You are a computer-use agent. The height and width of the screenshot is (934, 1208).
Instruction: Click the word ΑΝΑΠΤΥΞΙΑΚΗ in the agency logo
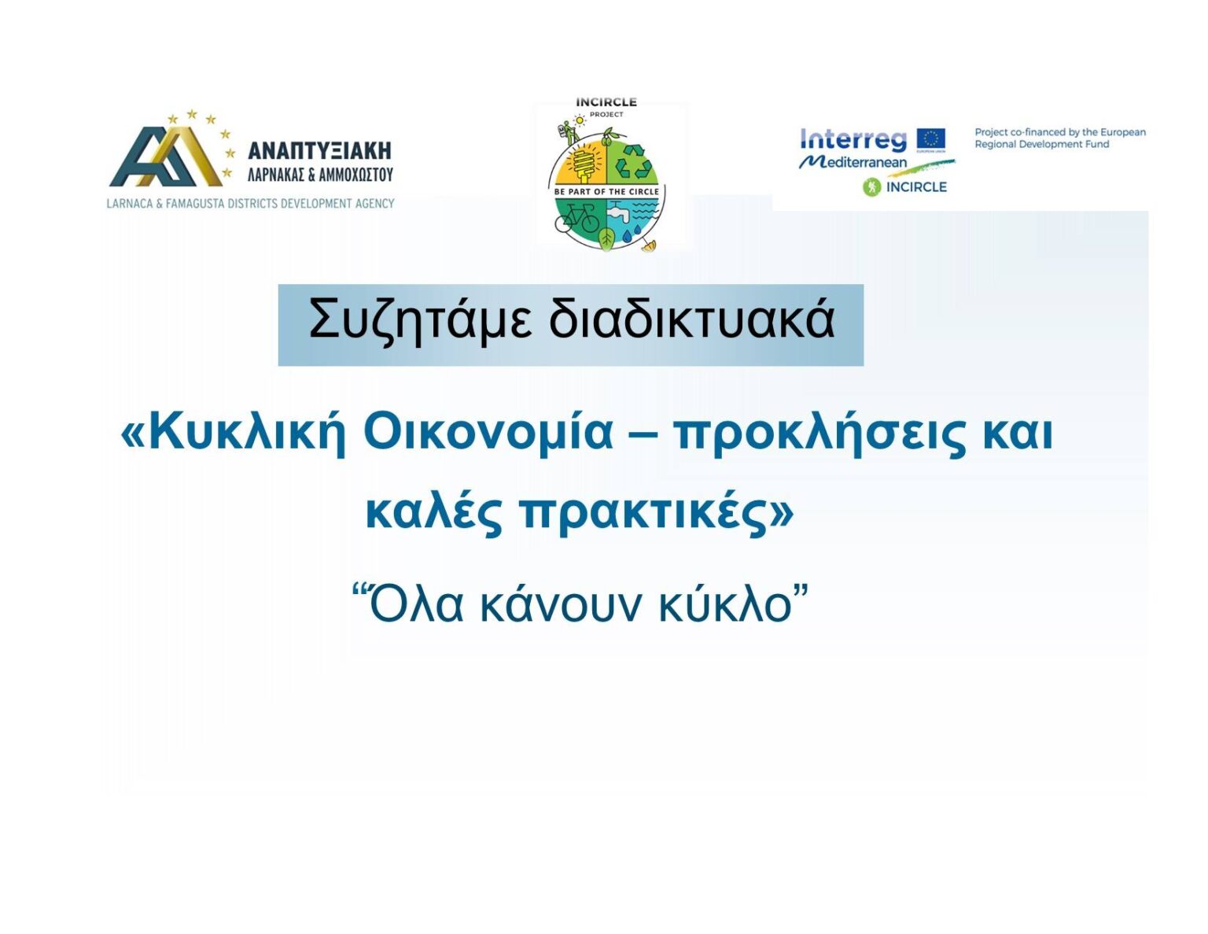[x=319, y=150]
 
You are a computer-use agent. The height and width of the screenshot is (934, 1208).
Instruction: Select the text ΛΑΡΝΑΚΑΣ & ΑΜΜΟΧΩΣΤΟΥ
[x=319, y=175]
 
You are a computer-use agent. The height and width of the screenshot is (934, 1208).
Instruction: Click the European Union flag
[x=930, y=138]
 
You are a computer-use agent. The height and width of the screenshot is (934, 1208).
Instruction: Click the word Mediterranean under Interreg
[x=853, y=162]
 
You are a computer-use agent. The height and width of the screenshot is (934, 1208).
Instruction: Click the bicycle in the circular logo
[x=577, y=219]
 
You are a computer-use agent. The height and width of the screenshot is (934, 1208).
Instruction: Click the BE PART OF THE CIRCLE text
[x=606, y=192]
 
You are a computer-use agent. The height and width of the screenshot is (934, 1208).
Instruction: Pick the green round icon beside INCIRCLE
[x=871, y=187]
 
